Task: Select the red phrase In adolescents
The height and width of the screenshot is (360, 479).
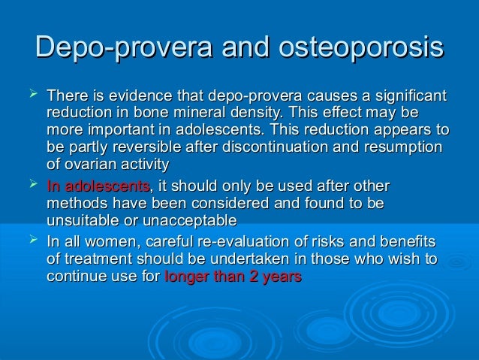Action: [98, 187]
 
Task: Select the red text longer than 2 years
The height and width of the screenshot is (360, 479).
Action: [232, 277]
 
